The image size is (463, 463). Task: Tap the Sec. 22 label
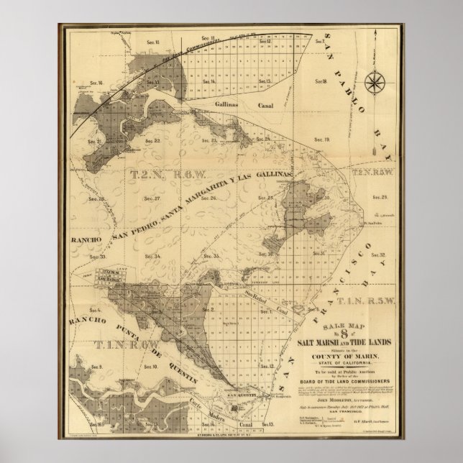(x=153, y=141)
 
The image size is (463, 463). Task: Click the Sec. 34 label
(x=152, y=255)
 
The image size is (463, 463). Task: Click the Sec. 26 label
(x=208, y=198)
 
